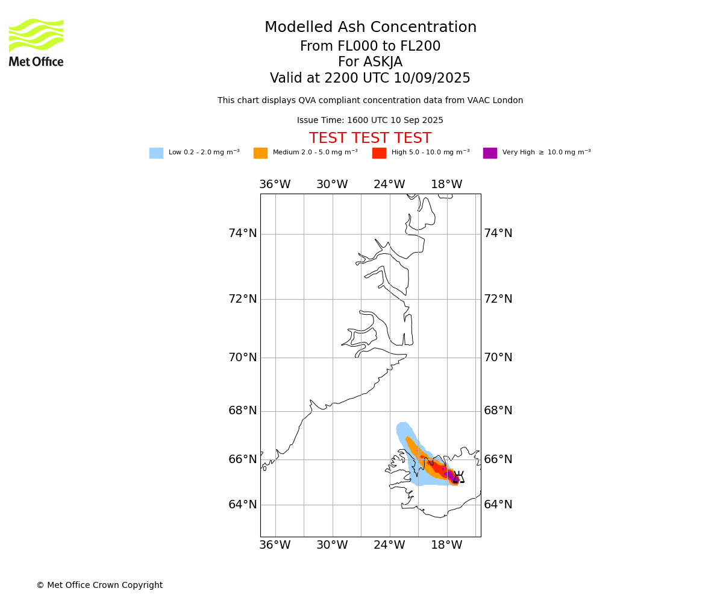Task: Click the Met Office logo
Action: pos(36,43)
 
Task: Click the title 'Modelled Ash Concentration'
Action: pos(370,27)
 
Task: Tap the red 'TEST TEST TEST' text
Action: pos(370,137)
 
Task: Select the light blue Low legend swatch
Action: pos(156,153)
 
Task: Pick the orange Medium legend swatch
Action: pos(260,153)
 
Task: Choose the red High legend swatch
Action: pos(379,153)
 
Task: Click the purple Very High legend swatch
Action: pos(490,153)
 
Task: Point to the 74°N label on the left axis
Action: pos(242,233)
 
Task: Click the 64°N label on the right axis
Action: pos(498,504)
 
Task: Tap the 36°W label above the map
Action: pos(275,184)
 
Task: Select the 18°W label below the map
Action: pos(446,545)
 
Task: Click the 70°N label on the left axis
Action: pos(242,357)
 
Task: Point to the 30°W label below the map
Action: pos(332,545)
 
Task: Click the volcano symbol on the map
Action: pos(459,476)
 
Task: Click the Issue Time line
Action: pos(370,120)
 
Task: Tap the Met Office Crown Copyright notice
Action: pos(100,585)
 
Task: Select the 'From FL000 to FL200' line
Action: pos(370,46)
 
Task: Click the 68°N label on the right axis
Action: pos(498,410)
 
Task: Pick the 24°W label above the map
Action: pos(389,184)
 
